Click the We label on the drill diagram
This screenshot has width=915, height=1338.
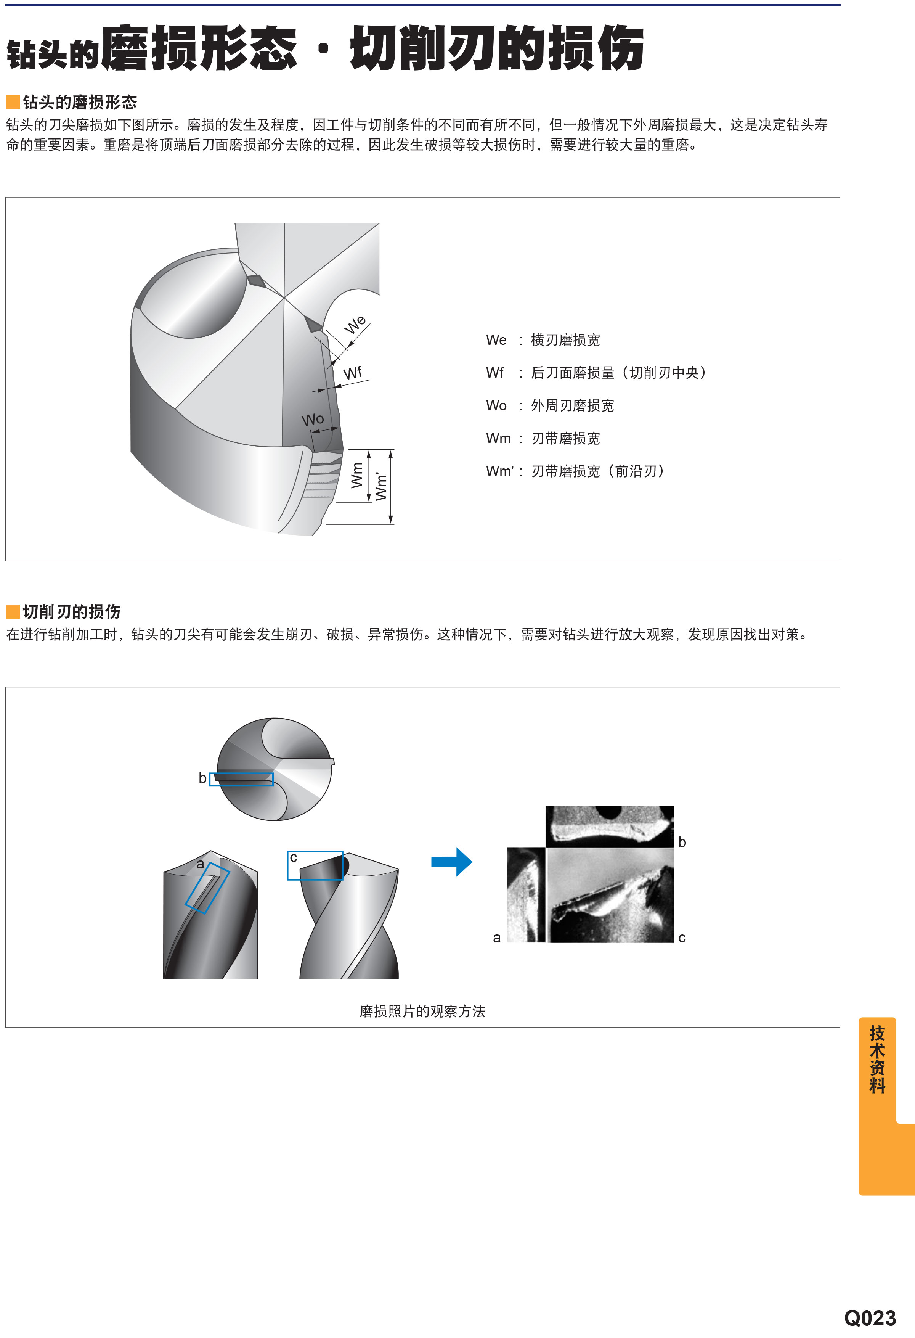point(355,324)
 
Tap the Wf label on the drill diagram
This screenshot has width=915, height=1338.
point(353,373)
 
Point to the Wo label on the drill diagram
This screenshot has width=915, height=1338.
point(313,419)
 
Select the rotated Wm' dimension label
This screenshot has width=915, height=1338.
point(381,486)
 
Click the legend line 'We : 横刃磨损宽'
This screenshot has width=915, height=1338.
point(543,340)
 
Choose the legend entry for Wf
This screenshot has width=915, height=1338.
point(596,373)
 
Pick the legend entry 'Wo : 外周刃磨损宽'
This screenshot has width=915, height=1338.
point(550,406)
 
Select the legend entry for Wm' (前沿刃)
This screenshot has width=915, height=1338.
point(575,471)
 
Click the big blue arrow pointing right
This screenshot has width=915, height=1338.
point(452,862)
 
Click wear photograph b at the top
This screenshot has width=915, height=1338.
point(609,826)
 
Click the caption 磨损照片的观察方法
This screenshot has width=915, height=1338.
point(422,1012)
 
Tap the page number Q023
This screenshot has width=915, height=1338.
point(870,1318)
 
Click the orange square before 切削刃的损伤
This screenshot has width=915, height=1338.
point(13,611)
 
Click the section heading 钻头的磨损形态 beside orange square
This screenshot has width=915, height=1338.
point(80,103)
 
